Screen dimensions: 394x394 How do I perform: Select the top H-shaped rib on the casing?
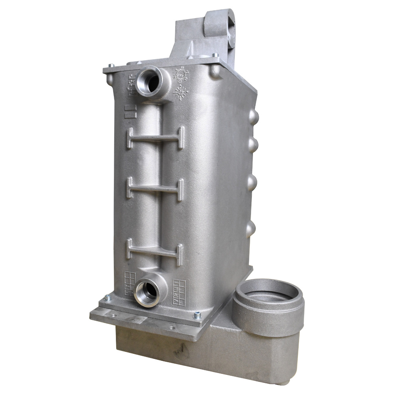click(x=155, y=138)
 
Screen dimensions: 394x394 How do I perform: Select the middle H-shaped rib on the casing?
click(x=155, y=189)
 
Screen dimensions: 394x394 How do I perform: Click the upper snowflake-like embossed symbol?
click(x=181, y=74)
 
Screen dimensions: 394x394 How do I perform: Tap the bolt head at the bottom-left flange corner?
click(x=108, y=298)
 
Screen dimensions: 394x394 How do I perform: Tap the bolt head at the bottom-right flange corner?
click(x=197, y=315)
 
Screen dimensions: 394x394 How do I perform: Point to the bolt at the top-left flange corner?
click(x=111, y=66)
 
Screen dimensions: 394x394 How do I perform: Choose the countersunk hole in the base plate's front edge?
click(x=171, y=328)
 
